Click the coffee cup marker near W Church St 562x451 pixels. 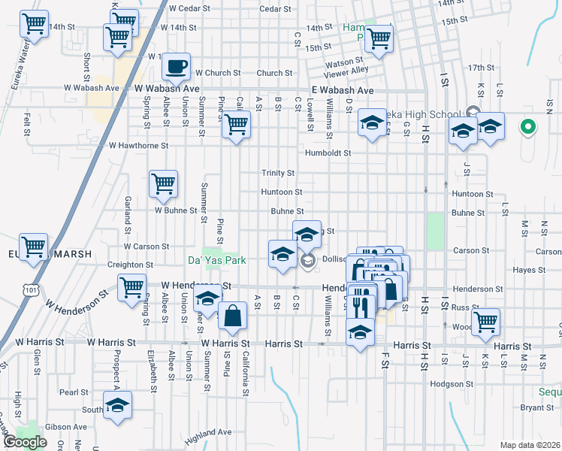(177, 66)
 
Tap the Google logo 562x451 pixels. (25, 442)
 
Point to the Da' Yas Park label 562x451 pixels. (212, 261)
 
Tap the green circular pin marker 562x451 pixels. (528, 127)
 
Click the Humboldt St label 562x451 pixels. (328, 153)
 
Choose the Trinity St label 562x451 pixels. (277, 173)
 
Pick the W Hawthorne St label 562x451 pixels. (138, 145)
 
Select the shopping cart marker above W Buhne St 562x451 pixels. (163, 183)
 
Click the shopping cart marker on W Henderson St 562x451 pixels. (131, 286)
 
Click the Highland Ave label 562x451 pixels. (208, 432)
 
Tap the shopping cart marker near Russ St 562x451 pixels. (486, 320)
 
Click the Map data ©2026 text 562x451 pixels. (530, 445)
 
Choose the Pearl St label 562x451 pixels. (74, 392)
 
